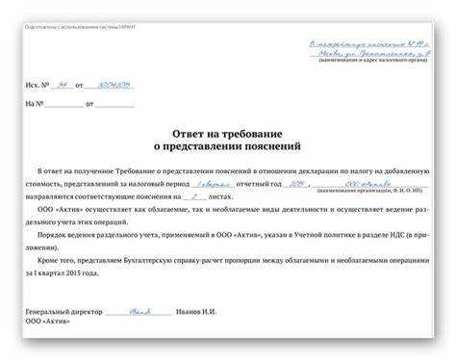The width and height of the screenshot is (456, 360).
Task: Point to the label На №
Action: point(35,102)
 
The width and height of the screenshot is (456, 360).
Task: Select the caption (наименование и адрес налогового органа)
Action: point(369,62)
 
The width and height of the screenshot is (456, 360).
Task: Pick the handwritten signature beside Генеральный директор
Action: point(140,310)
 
